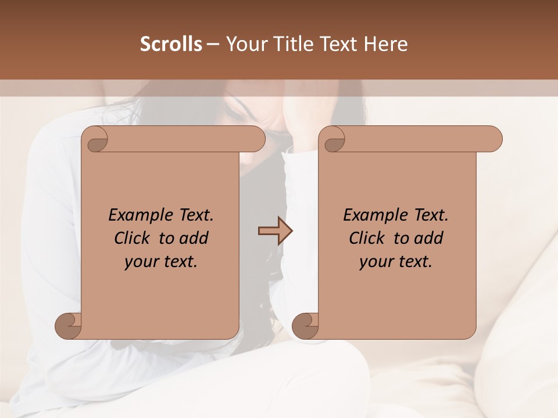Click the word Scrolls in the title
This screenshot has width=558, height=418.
(171, 44)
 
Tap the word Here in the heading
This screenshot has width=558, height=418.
(386, 44)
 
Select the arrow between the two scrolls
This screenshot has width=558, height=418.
(275, 231)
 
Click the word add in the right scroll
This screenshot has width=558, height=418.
(430, 239)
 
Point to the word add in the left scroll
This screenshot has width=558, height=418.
(195, 239)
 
